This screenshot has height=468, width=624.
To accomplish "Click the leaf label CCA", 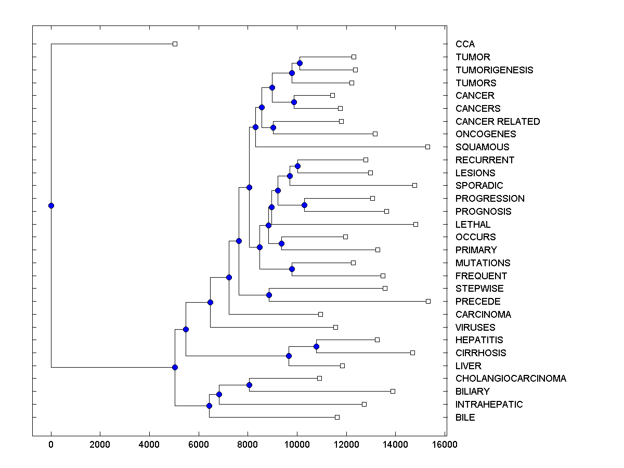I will (465, 44).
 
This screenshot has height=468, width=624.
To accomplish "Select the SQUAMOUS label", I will (482, 147).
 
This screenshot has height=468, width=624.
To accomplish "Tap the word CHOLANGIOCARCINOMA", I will (511, 379).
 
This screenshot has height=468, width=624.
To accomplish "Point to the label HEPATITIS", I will (479, 340).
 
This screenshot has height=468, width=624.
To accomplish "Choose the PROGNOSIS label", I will (483, 212).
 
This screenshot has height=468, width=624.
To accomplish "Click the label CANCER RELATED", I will (498, 122).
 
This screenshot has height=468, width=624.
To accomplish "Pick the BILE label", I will (465, 418).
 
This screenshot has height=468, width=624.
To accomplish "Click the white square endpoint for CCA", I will (175, 44).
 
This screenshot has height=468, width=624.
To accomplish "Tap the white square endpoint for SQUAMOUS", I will (427, 147).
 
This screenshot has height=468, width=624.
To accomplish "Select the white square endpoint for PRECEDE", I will (428, 301).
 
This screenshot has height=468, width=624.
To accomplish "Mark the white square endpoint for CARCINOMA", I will (320, 314).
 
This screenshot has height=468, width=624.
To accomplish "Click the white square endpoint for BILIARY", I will (393, 391).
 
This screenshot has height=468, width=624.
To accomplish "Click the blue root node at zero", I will (51, 205).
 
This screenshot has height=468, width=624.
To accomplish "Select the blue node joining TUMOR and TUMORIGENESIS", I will (300, 63).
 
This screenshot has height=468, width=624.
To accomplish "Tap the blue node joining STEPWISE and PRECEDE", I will (269, 295).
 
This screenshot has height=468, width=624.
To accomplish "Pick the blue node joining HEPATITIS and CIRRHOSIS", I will (316, 346).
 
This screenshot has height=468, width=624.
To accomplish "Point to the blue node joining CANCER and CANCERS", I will (294, 102).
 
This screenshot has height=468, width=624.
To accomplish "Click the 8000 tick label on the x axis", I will (248, 444).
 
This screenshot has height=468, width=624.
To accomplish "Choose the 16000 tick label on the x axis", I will (445, 444).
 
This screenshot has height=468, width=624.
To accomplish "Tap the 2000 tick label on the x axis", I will (100, 444).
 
